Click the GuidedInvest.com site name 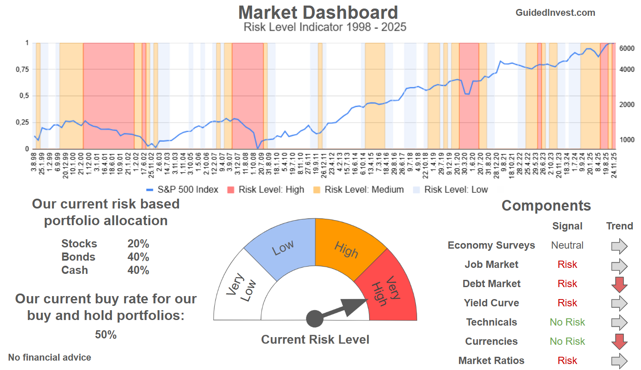pyautogui.click(x=555, y=13)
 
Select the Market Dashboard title pyautogui.click(x=318, y=12)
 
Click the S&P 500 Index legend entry pyautogui.click(x=182, y=190)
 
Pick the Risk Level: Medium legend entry pyautogui.click(x=359, y=190)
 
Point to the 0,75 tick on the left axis pyautogui.click(x=23, y=69)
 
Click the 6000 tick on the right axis pyautogui.click(x=626, y=49)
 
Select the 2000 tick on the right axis pyautogui.click(x=626, y=105)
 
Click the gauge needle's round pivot pyautogui.click(x=315, y=319)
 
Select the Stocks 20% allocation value pyautogui.click(x=138, y=244)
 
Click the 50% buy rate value pyautogui.click(x=106, y=335)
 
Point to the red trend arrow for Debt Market pyautogui.click(x=619, y=284)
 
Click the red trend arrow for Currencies pyautogui.click(x=619, y=341)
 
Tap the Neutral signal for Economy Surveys pyautogui.click(x=567, y=245)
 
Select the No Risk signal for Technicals pyautogui.click(x=567, y=322)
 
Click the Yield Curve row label pyautogui.click(x=491, y=303)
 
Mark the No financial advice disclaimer pyautogui.click(x=50, y=358)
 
